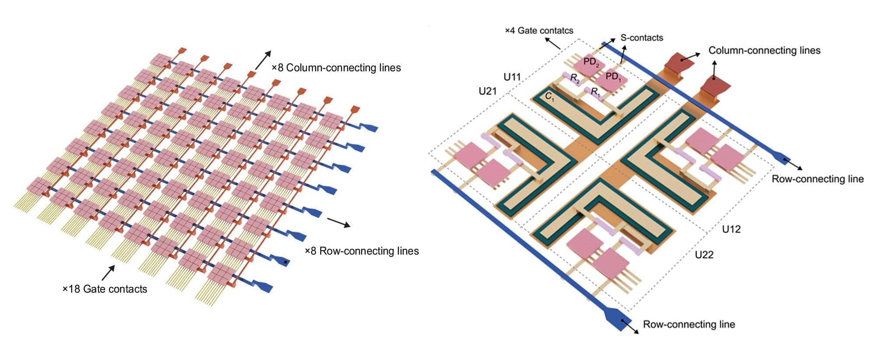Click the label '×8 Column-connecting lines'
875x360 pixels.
[336, 68]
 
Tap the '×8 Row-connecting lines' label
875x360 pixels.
[362, 251]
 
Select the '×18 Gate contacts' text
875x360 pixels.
[105, 289]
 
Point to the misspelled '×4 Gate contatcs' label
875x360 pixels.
[539, 31]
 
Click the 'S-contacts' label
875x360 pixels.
[642, 38]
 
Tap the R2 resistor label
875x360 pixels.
[575, 78]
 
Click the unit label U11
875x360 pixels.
[512, 77]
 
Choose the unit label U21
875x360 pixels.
[487, 91]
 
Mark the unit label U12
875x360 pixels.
[731, 229]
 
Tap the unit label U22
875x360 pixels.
[704, 255]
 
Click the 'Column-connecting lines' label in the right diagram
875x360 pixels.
[764, 50]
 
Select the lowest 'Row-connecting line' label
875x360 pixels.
[689, 324]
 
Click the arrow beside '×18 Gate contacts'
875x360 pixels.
[108, 273]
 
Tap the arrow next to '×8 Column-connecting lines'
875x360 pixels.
[263, 59]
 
